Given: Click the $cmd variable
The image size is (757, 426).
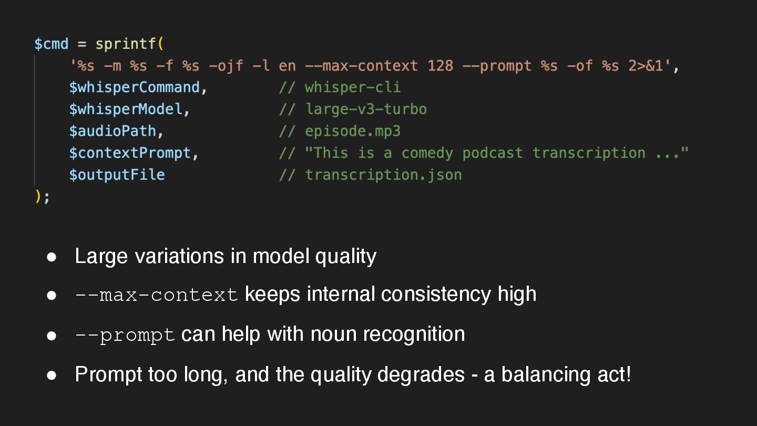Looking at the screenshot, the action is tap(51, 44).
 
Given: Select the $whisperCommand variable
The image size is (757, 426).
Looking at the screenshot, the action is tap(134, 87).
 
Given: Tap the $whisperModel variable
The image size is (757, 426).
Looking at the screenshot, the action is tap(126, 109).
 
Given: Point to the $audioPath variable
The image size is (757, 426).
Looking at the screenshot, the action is tap(112, 131).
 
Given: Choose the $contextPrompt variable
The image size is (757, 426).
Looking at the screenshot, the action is tap(130, 153).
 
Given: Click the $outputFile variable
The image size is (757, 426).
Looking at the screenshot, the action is tap(117, 175).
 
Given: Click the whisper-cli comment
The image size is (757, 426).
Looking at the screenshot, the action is tap(353, 87).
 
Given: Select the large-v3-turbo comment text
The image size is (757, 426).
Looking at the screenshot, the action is tap(366, 109).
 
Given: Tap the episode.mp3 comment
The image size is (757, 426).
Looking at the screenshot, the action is tap(353, 131).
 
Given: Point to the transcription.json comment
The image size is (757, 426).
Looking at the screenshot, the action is tap(383, 175).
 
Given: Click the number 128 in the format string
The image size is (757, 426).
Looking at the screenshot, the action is tap(441, 66).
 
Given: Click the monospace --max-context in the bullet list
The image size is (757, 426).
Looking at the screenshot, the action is tap(157, 295).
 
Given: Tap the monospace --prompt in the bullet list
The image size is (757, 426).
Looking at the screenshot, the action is tap(125, 335).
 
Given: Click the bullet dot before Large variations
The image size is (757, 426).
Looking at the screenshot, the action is tap(52, 257).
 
